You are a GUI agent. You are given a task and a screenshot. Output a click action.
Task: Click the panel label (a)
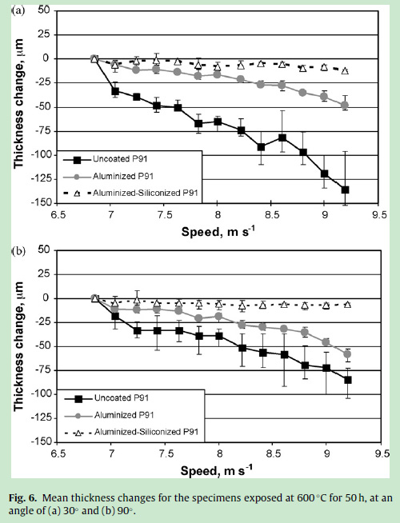18,11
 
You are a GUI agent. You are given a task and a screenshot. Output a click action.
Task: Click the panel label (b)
18,251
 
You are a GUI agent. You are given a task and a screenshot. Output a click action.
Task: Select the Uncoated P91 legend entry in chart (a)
106,159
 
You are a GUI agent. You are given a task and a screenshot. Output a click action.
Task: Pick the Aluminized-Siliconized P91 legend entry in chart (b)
131,432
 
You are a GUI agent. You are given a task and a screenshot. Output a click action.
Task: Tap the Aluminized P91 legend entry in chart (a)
109,176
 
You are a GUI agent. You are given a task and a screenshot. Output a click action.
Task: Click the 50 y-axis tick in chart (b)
44,250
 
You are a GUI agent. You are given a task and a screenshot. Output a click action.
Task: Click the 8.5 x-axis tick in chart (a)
270,215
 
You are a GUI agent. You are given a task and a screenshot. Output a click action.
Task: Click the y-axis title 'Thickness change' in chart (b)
18,346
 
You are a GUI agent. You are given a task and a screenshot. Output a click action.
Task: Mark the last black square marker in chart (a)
345,190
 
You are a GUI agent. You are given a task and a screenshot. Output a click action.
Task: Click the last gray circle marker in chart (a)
345,106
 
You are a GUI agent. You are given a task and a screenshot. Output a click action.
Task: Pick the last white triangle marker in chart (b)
348,304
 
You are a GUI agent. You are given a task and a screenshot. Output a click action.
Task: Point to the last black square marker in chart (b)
348,380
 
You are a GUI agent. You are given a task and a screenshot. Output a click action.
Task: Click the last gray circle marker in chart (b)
348,354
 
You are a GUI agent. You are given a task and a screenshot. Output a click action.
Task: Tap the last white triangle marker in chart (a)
345,70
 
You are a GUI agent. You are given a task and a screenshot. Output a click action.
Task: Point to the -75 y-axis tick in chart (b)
42,370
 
